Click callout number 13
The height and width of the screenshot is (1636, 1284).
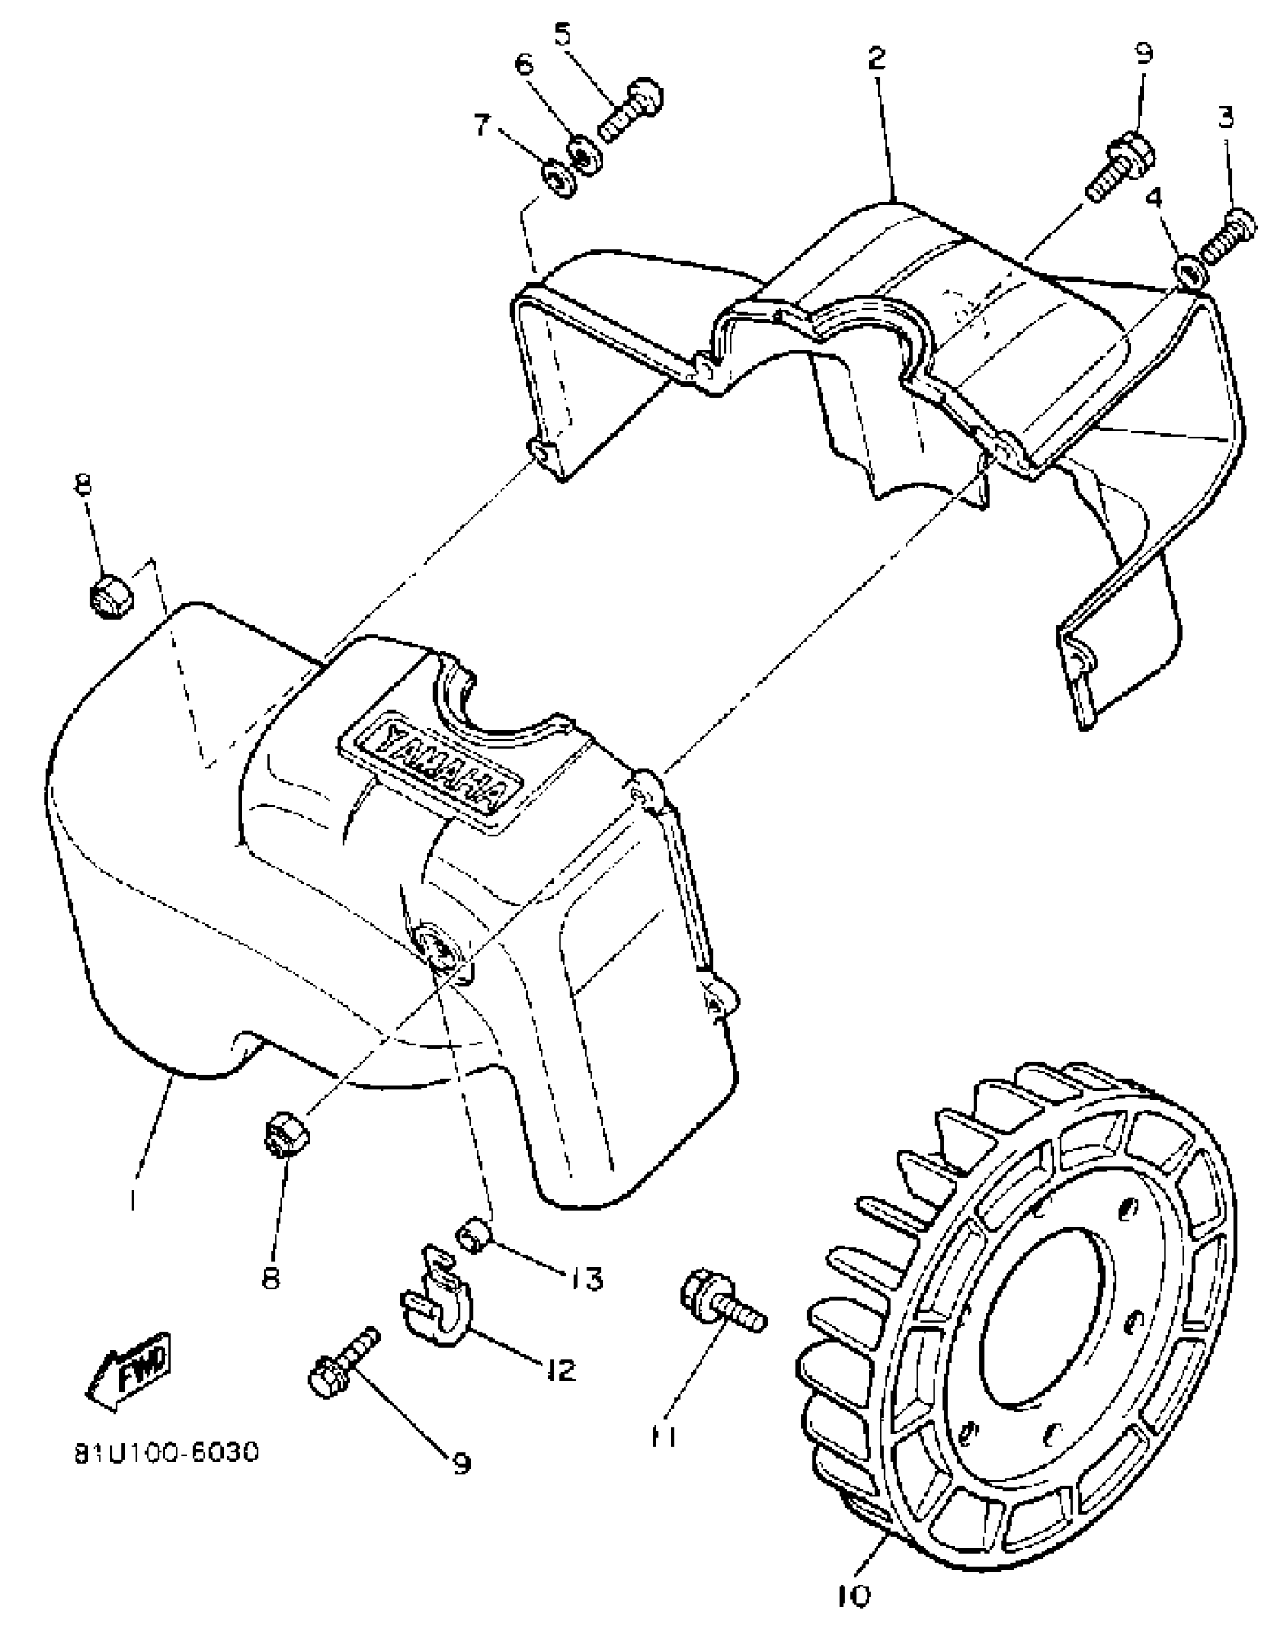point(586,1279)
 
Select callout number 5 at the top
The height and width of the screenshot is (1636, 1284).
point(563,35)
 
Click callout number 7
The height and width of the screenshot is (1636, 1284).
point(484,124)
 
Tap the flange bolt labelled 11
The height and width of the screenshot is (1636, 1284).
point(721,1301)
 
